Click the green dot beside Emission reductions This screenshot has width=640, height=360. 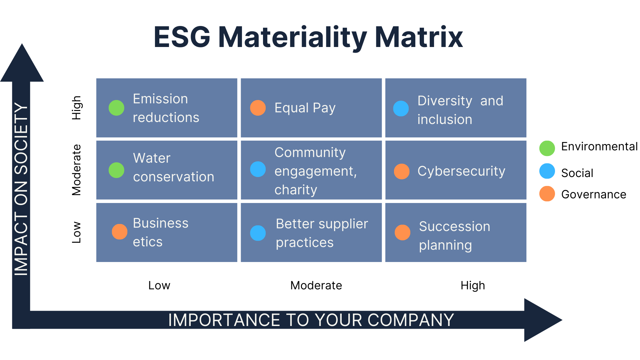click(116, 108)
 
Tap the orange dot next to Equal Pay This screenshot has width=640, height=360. click(258, 108)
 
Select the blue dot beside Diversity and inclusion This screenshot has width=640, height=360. click(401, 109)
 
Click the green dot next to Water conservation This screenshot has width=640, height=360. click(116, 170)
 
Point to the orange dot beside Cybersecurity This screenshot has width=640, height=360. click(402, 171)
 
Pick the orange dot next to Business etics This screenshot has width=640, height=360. click(120, 232)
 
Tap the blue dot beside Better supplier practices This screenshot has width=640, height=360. click(258, 233)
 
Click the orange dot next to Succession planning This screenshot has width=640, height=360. click(403, 232)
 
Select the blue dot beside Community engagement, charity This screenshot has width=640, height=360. click(258, 169)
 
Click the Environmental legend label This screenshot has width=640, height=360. click(599, 147)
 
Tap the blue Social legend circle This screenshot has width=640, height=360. click(547, 171)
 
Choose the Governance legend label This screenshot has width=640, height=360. click(594, 194)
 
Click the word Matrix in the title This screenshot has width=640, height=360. click(419, 37)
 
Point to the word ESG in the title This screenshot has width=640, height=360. click(182, 37)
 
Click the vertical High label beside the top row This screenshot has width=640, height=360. click(77, 108)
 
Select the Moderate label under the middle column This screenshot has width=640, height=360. click(316, 285)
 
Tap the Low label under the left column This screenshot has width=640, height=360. click(159, 285)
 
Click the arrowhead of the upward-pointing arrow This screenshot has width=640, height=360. click(22, 63)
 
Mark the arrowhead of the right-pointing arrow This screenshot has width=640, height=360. click(543, 320)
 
